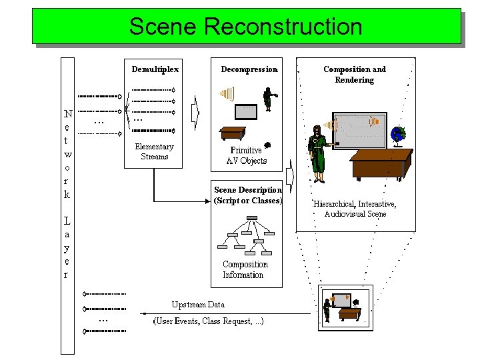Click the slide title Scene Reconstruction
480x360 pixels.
coord(245,27)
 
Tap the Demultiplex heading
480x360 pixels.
coord(155,69)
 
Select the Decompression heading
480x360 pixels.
coord(249,69)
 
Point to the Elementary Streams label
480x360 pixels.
coord(154,151)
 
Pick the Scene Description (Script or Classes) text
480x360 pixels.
coord(248,195)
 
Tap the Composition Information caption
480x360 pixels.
coord(244,269)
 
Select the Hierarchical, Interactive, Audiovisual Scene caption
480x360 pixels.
coord(355,209)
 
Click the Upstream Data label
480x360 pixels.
coord(198,305)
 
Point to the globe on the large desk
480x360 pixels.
coord(399,135)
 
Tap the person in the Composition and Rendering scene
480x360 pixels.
coord(318,153)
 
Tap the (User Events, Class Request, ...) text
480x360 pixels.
coord(209,321)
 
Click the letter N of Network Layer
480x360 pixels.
coord(67,115)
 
